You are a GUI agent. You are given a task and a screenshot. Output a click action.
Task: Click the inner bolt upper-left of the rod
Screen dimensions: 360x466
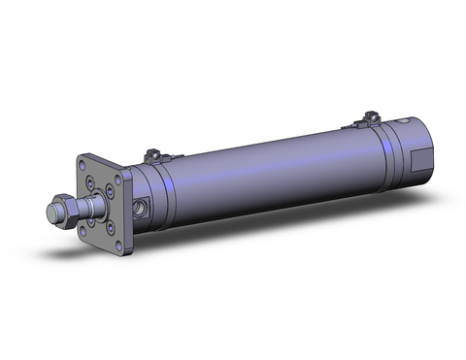(x=90, y=181)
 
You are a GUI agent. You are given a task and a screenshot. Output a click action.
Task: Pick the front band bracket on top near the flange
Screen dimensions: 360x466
(x=151, y=155)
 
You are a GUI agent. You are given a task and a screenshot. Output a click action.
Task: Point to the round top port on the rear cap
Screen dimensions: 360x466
(x=400, y=121)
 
